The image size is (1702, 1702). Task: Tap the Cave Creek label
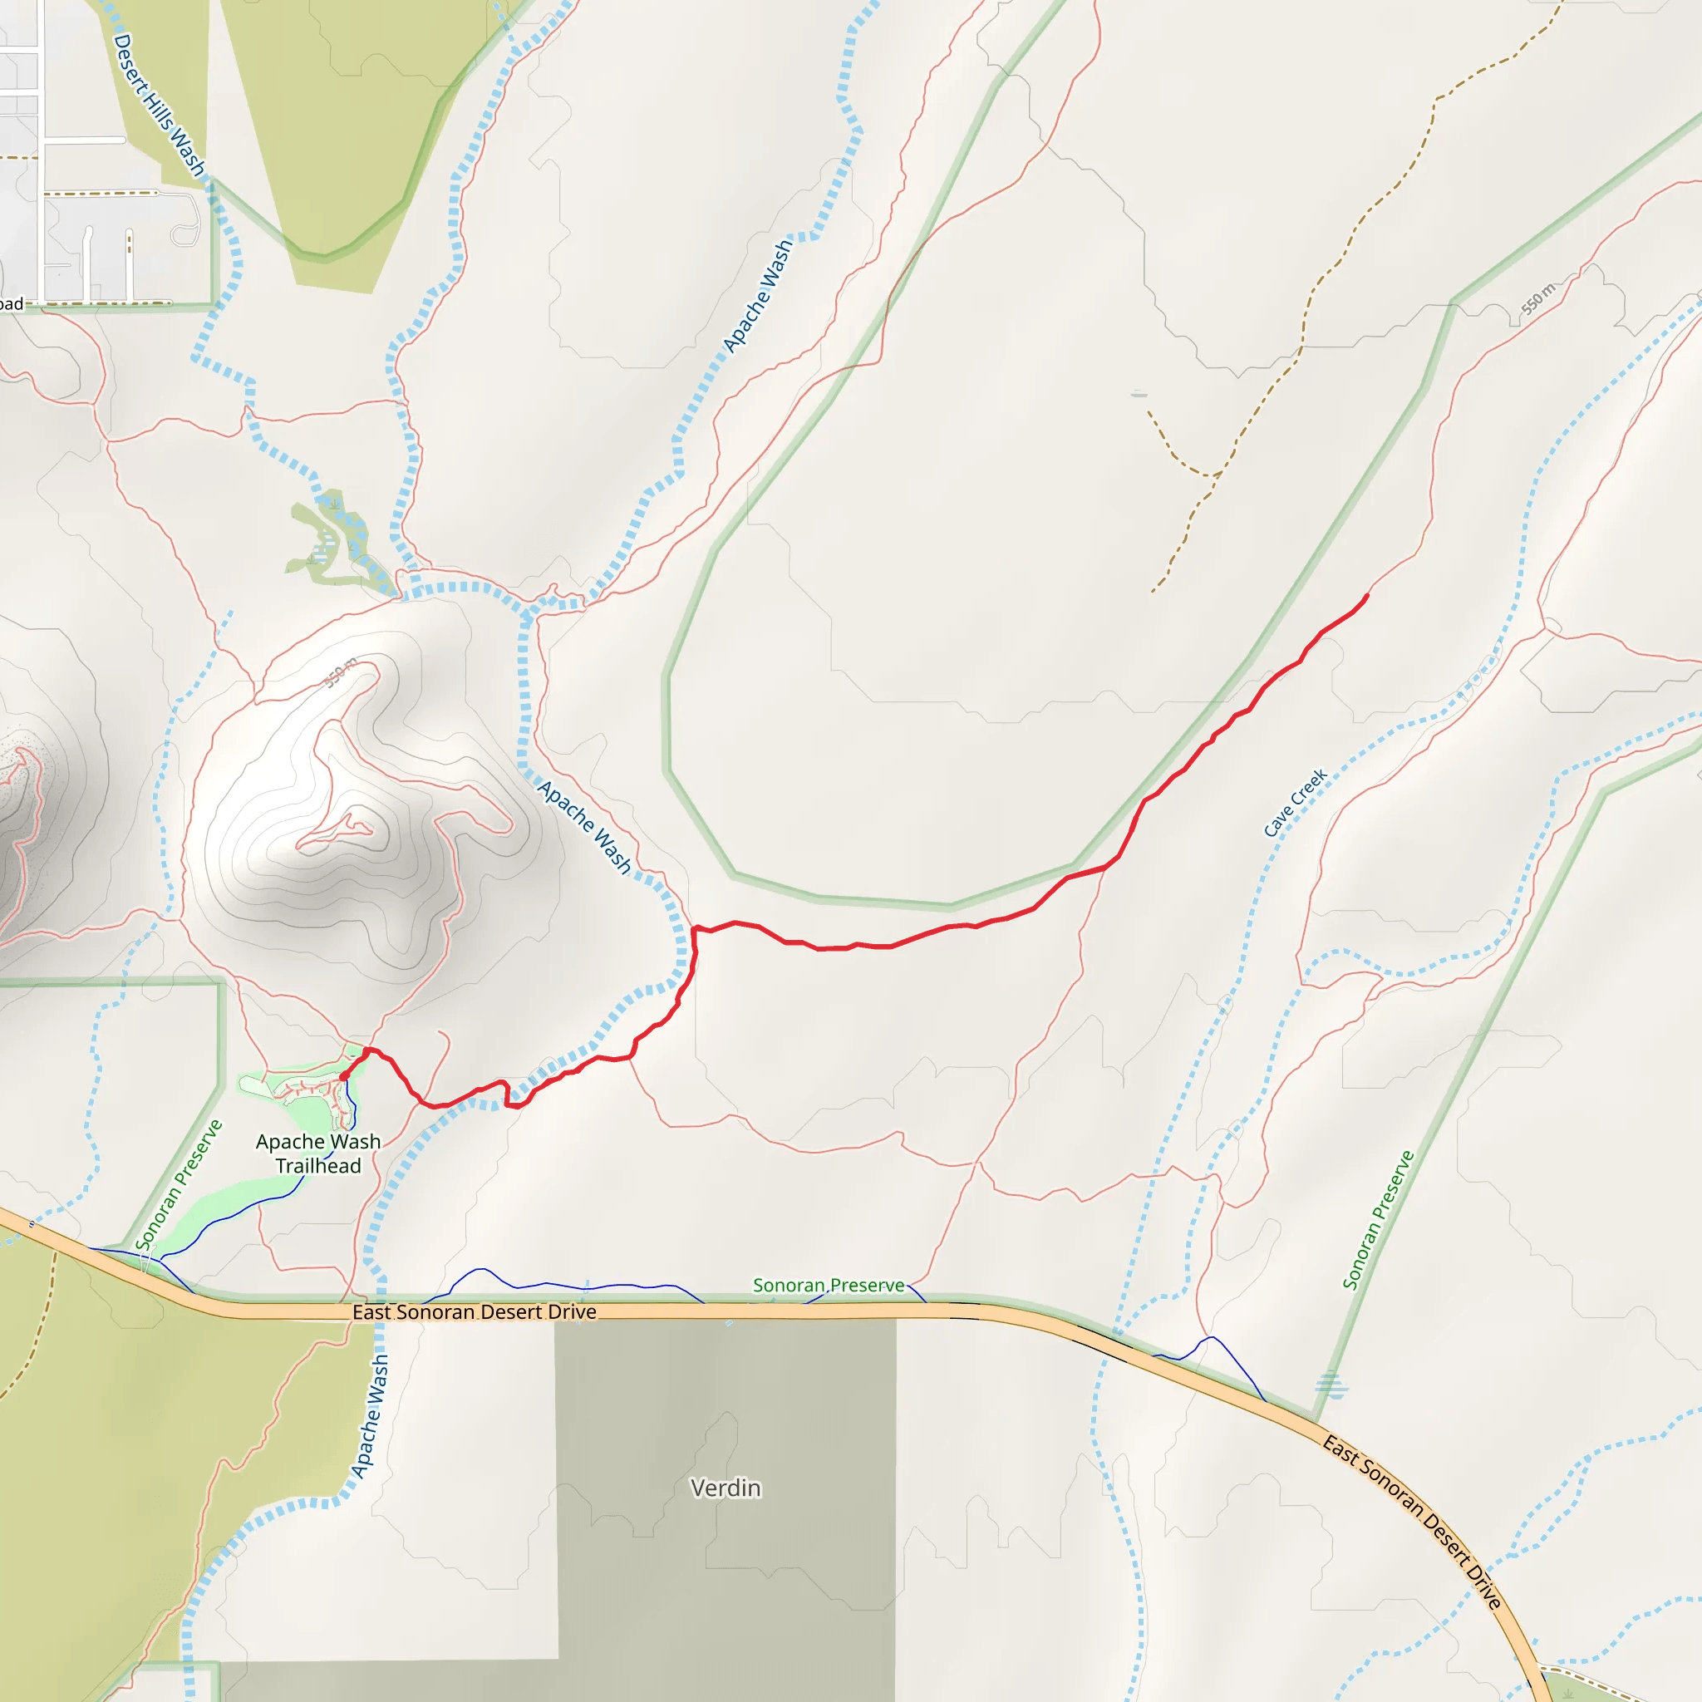click(1294, 802)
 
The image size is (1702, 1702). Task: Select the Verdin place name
click(725, 1488)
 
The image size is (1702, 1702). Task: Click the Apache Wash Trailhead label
click(318, 1154)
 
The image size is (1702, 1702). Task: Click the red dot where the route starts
click(343, 1075)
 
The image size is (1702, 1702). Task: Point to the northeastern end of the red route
click(1367, 597)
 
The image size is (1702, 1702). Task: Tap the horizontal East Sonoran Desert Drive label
click(474, 1311)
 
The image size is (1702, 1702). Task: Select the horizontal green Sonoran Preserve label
click(828, 1286)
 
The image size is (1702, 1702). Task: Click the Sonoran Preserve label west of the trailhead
click(179, 1184)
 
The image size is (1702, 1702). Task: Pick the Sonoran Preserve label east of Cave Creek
click(1378, 1220)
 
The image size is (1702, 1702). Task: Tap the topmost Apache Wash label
click(757, 296)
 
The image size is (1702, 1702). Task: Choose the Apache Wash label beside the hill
click(585, 827)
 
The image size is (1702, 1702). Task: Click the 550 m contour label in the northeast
click(1538, 298)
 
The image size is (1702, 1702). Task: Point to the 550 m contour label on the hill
click(341, 672)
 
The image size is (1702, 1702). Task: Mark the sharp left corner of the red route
click(695, 928)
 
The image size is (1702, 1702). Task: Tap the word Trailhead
click(318, 1165)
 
